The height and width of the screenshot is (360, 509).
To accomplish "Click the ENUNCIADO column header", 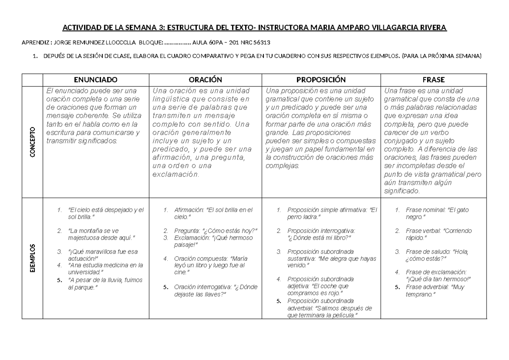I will point(95,79).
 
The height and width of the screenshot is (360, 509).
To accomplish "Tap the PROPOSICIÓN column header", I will point(321,79).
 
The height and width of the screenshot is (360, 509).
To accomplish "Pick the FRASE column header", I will point(433,79).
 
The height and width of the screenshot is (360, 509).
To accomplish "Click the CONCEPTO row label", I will point(32,142).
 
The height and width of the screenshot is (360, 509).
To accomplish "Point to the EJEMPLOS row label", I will point(32,259).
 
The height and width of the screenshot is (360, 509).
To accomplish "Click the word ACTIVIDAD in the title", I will point(82,28).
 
